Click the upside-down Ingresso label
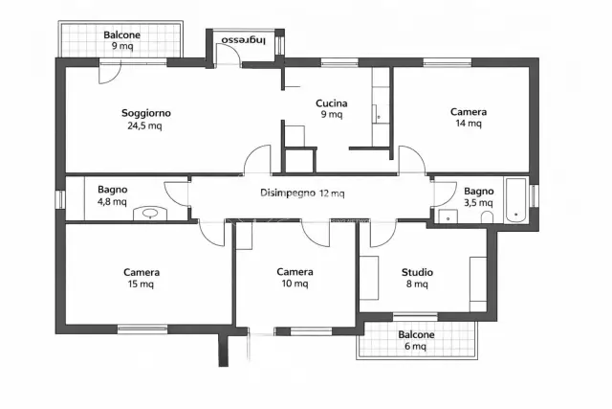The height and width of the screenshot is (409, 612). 244,40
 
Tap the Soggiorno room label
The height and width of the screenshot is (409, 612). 146,113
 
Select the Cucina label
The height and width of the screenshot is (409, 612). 332,103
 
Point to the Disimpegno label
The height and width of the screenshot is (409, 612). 288,193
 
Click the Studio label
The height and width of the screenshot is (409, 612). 417,272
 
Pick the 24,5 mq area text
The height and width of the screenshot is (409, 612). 144,125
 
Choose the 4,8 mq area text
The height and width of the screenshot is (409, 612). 112,202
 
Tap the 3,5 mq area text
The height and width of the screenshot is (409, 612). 478,203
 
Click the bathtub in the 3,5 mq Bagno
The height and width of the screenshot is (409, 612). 516,201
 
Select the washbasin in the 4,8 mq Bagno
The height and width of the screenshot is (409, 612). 150,214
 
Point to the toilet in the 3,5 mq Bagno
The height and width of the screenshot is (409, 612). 487,217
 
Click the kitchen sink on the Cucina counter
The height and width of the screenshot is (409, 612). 379,114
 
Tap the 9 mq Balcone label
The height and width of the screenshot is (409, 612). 121,40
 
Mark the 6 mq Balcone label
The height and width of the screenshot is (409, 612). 416,340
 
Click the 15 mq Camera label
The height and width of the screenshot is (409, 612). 142,278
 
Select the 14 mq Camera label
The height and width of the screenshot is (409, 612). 469,117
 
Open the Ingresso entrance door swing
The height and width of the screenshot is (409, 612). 229,54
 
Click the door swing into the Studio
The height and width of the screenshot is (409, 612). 382,234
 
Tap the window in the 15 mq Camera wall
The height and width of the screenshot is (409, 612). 142,329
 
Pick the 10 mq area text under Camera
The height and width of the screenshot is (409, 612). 295,284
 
